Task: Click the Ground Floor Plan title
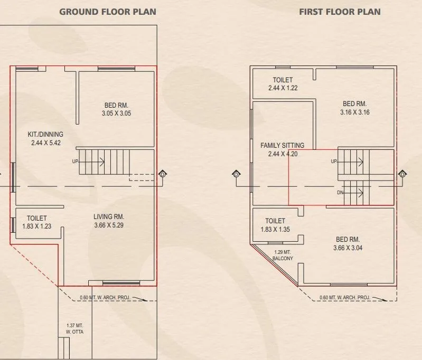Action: pos(107,11)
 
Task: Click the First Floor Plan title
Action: pos(340,11)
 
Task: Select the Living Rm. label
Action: pos(109,217)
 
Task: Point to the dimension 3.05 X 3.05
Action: pos(116,113)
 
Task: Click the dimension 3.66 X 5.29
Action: pos(109,225)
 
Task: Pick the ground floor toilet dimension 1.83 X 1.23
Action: pos(37,226)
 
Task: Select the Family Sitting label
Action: pos(282,145)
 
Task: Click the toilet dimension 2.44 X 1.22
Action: pos(283,88)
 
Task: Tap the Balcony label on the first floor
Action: pos(283,259)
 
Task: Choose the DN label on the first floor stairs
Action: pos(341,192)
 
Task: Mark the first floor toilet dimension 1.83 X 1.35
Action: pos(275,230)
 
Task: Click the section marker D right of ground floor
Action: pos(163,174)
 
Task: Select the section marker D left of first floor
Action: pos(236,174)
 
